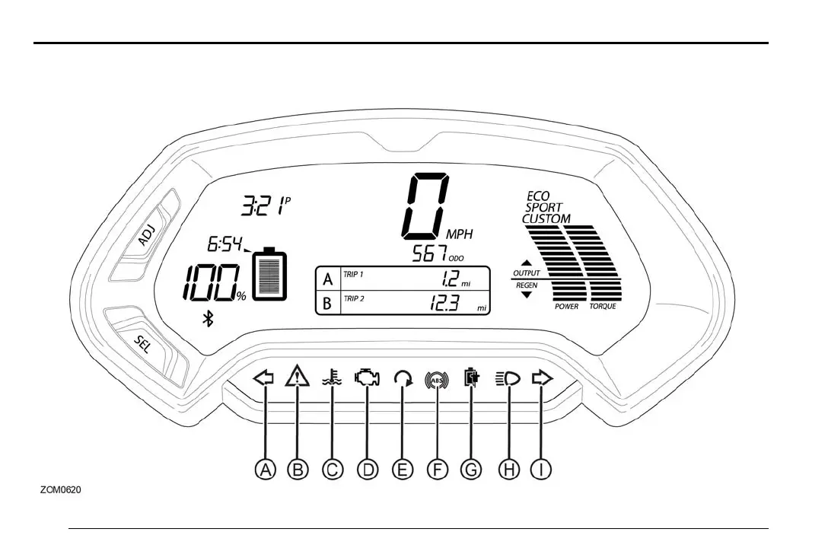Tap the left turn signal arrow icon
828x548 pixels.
coord(263,377)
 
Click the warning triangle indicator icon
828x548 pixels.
coord(297,376)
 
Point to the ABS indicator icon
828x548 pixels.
coord(437,378)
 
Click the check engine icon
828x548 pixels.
coord(367,377)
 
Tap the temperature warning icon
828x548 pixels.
coord(332,377)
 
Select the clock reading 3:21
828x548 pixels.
coord(263,205)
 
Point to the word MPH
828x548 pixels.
coord(459,235)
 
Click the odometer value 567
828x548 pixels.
coord(428,255)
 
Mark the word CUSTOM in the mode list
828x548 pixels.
coord(546,218)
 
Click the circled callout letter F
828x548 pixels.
coord(437,470)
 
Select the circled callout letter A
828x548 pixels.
coord(264,470)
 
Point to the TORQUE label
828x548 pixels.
coord(603,307)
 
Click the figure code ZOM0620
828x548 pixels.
coord(61,489)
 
